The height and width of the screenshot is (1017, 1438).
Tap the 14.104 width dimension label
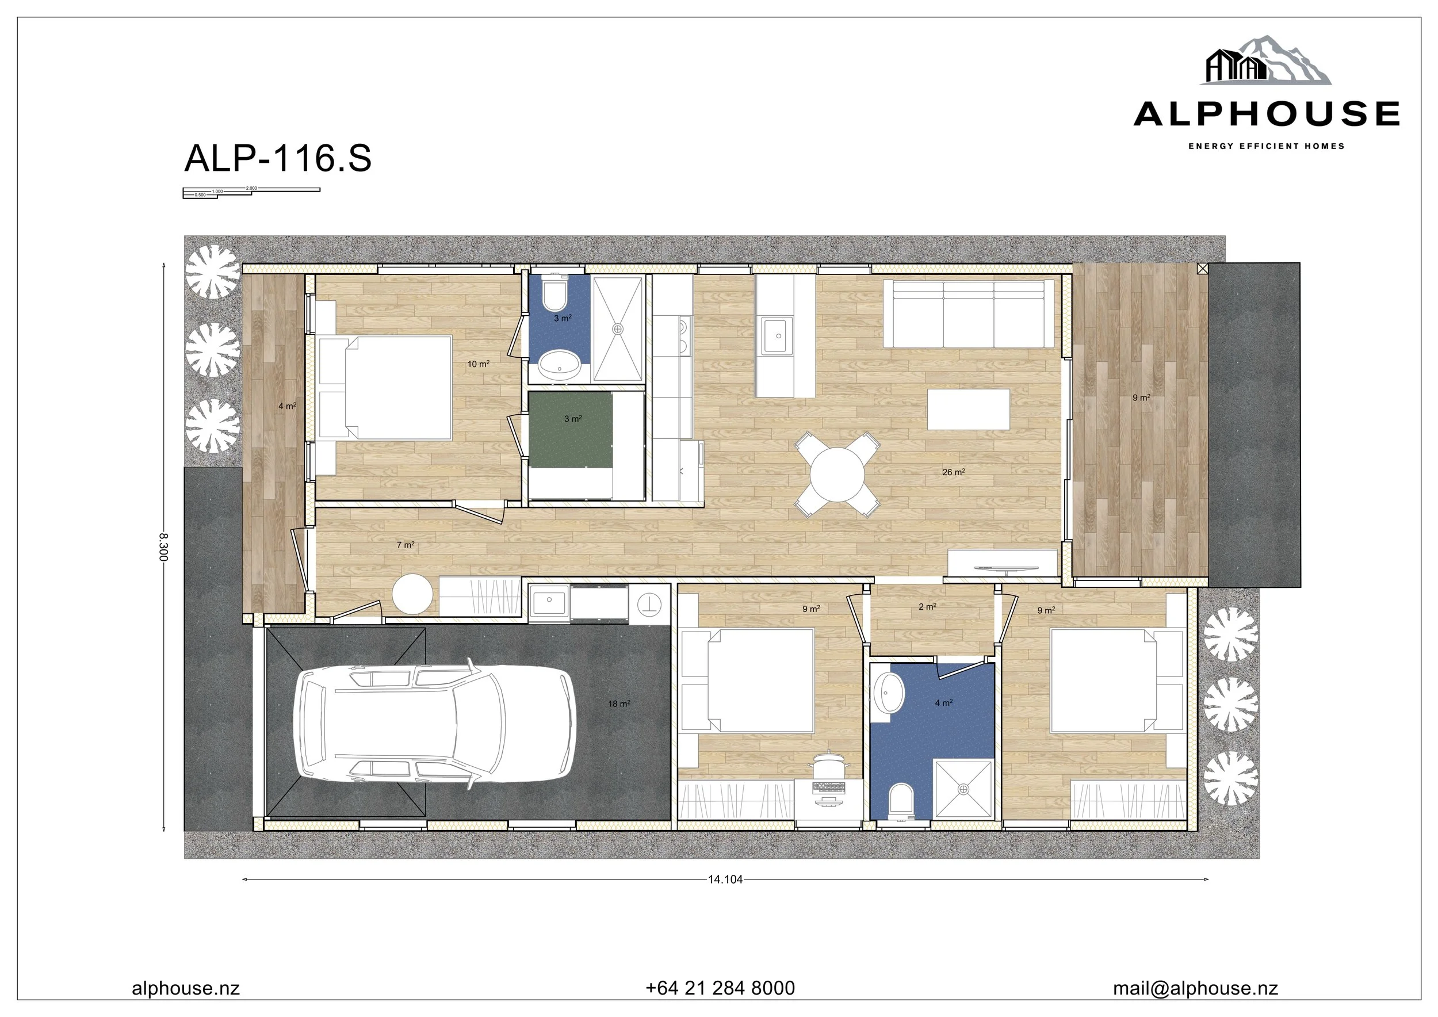(725, 879)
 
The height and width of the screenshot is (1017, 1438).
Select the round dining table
(837, 474)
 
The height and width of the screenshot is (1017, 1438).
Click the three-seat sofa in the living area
(968, 313)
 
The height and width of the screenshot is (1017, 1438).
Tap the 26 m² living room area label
(953, 472)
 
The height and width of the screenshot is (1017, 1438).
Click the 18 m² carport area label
(619, 704)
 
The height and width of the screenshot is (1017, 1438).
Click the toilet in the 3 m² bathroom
(555, 294)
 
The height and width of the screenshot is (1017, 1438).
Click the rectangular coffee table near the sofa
(968, 409)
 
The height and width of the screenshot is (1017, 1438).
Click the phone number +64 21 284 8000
(720, 988)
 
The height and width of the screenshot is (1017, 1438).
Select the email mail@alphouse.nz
(1195, 988)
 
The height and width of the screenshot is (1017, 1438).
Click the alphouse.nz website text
(186, 988)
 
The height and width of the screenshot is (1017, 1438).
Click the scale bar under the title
(251, 192)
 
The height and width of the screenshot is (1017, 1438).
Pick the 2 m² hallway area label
(927, 606)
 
